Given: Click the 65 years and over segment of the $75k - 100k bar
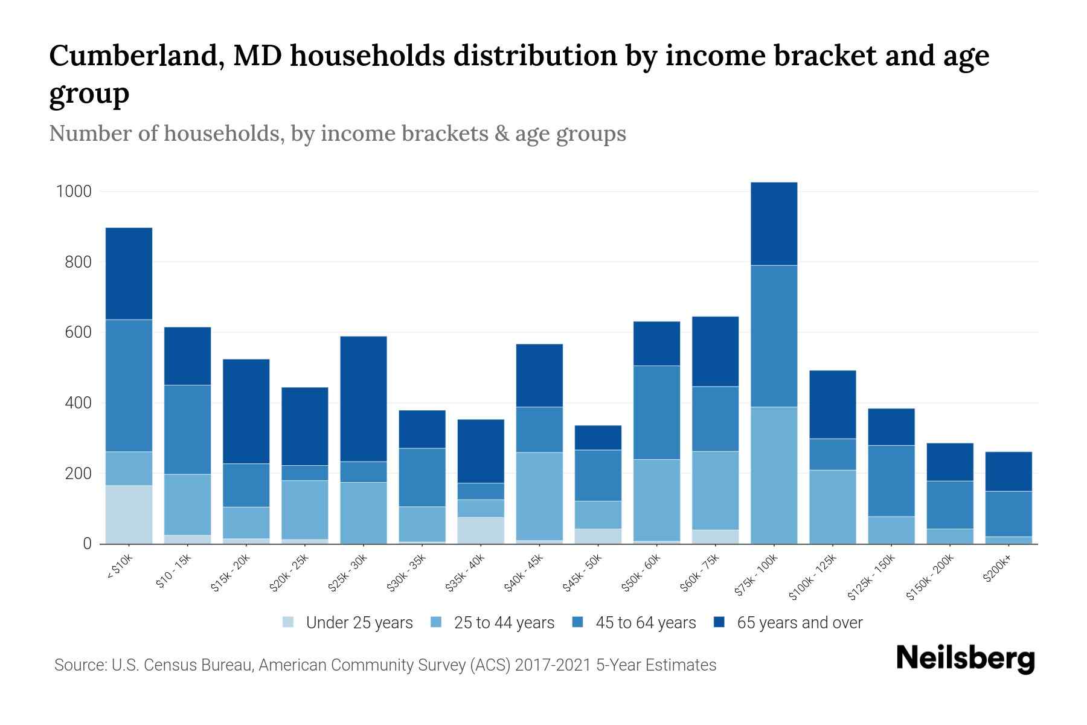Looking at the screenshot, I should coord(774,224).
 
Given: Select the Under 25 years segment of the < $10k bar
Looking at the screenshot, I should coord(129,514).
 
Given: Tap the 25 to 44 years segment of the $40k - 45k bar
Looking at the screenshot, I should coord(539,495).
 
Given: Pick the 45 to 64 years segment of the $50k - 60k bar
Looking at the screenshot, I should coord(656,412).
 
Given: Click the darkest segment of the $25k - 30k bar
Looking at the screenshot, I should coord(364,399).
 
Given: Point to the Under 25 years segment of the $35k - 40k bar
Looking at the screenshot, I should coord(481,530).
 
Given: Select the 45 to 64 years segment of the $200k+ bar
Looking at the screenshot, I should coord(1008,514).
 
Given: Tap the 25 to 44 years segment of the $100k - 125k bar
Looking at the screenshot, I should coord(832,506).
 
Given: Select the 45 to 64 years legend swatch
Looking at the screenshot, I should coord(578,622).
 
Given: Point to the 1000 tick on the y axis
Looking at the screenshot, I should coord(74,192).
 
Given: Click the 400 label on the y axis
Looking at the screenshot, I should coord(78,403).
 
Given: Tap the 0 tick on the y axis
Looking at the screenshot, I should coord(87,544).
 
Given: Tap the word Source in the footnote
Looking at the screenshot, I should coord(79,665).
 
